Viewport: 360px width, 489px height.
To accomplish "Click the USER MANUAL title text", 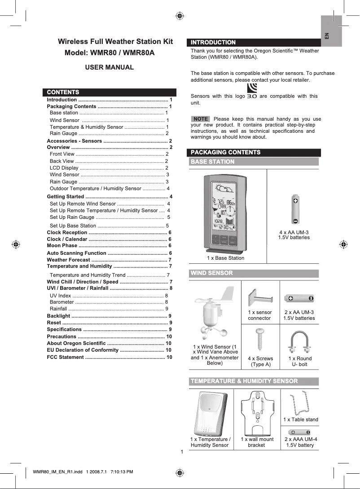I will coord(110,67).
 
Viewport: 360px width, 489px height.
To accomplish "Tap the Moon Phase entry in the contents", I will coord(109,245).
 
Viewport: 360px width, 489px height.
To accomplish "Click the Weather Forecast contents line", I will coord(109,260).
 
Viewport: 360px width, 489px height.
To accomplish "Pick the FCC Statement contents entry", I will coord(109,357).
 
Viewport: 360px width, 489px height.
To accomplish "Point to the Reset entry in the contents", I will coord(109,323).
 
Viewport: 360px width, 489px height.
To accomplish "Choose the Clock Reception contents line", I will coord(109,232).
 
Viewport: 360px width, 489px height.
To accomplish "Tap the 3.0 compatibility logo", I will coord(252,91).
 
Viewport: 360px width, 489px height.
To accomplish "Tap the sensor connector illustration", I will coord(260,298).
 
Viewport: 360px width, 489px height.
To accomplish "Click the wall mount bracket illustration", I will coord(257,412).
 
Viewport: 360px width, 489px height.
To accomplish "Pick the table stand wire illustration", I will coord(299,404).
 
